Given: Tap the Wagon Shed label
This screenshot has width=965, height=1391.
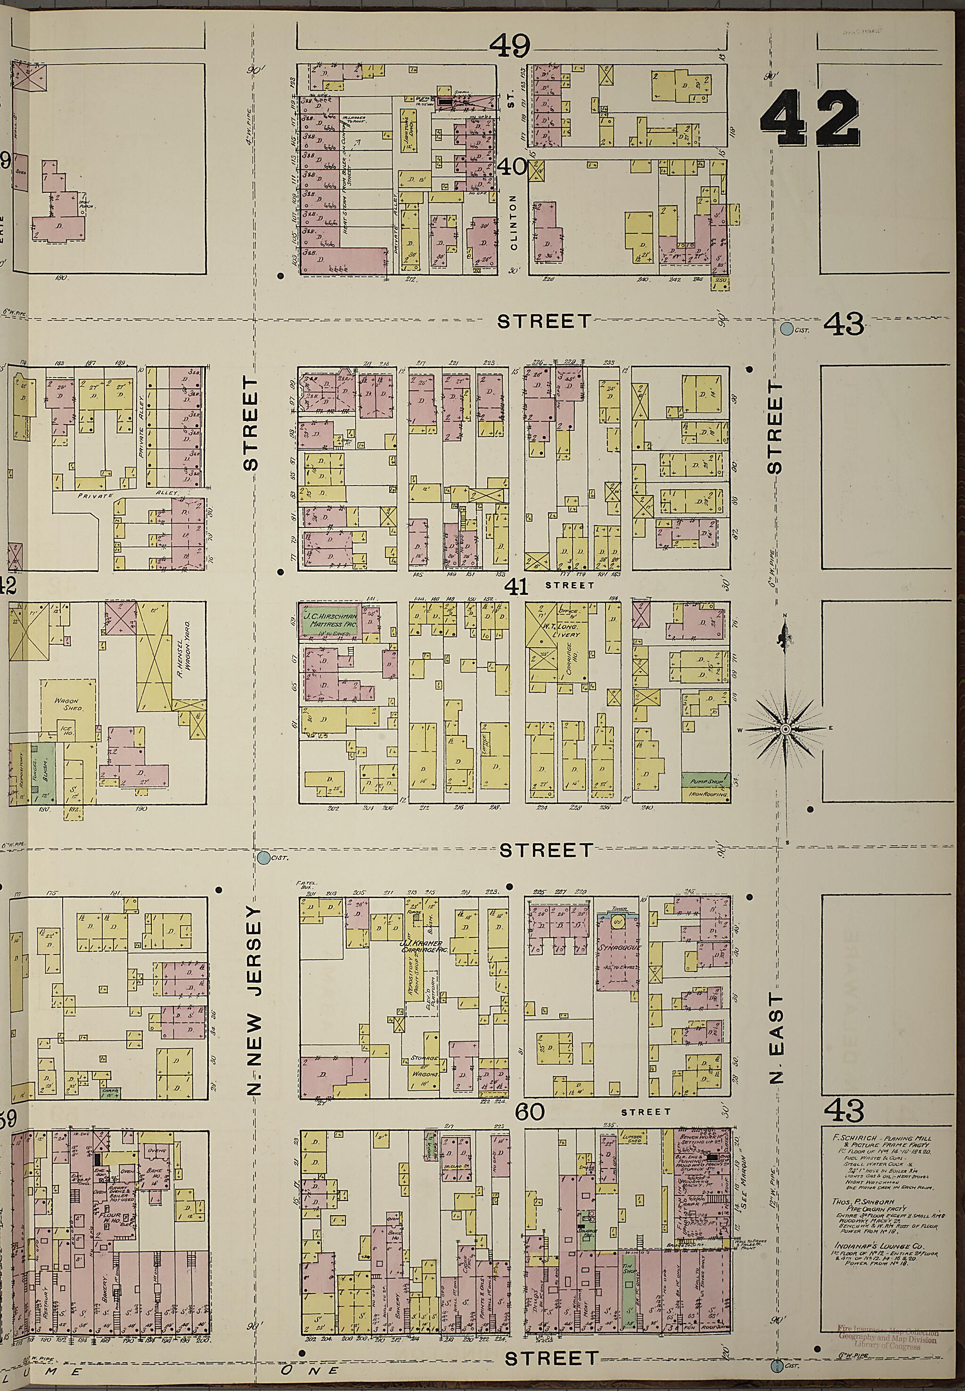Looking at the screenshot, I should pos(68,705).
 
